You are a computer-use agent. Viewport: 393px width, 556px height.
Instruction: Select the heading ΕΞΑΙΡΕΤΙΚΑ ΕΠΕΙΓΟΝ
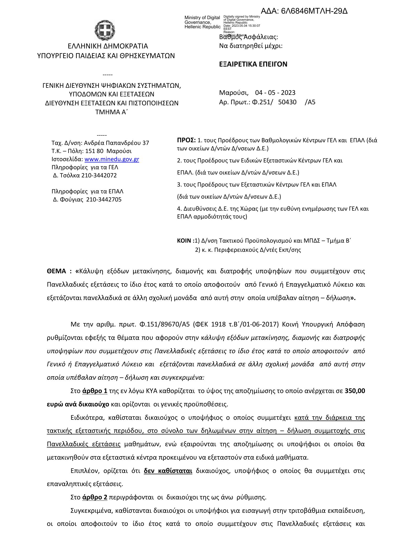click(x=253, y=64)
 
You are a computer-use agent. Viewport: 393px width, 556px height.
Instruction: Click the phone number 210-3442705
click(x=104, y=199)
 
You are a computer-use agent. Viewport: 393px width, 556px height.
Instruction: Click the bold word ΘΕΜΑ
click(x=56, y=271)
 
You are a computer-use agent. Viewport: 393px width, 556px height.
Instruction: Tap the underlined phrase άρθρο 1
click(x=95, y=391)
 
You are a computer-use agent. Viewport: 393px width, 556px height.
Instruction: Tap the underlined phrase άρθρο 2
click(x=95, y=497)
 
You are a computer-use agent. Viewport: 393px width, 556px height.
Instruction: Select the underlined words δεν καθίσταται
click(x=168, y=471)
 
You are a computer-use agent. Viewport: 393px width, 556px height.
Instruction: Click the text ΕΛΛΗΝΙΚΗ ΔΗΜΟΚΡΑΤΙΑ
click(x=108, y=46)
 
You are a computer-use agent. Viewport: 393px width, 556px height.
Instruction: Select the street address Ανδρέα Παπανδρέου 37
click(x=116, y=143)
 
